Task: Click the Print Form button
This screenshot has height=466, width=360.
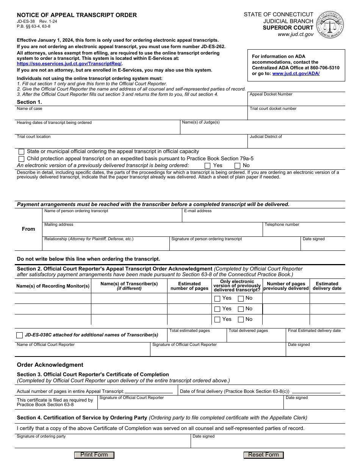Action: tap(94, 455)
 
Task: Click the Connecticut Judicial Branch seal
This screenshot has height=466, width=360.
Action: tap(330, 24)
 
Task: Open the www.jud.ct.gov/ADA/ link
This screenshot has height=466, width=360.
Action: tap(296, 73)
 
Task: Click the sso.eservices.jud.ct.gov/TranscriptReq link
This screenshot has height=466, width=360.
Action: tap(69, 64)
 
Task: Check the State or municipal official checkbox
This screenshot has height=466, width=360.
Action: tap(21, 152)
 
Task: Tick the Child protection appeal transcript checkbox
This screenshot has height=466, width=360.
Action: tap(21, 159)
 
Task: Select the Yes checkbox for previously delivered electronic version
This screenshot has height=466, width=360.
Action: tap(207, 166)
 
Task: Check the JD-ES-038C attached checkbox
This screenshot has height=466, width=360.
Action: tap(20, 335)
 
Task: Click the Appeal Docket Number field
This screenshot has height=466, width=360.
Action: tap(296, 101)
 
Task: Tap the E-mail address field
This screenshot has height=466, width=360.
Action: tap(263, 217)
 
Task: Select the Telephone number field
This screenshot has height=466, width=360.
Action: tap(304, 231)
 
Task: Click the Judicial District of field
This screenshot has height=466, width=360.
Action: tap(296, 143)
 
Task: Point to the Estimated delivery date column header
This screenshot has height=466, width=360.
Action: tap(327, 286)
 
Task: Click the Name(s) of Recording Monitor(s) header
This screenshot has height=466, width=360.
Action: tap(53, 286)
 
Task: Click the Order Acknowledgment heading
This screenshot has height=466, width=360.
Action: tap(50, 365)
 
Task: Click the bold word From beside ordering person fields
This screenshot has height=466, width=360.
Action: tap(28, 229)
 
